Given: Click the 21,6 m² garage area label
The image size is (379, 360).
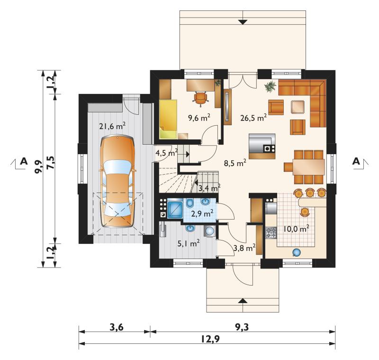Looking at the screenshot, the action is (112, 126).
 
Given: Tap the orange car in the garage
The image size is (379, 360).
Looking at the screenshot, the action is (117, 182).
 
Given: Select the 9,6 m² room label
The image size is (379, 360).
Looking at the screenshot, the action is (199, 118).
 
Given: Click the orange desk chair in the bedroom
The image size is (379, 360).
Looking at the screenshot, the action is (200, 99).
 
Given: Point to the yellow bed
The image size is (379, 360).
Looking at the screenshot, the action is (168, 119).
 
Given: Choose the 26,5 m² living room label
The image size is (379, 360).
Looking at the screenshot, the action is (253, 118).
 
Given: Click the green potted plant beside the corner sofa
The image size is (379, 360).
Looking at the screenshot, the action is (271, 87).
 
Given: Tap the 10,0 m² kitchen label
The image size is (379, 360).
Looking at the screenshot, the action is (297, 229).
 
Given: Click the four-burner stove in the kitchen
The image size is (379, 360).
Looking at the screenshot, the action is (271, 233).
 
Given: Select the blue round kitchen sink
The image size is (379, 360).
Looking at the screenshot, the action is (297, 252).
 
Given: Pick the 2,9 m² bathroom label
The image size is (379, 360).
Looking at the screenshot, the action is (202, 213).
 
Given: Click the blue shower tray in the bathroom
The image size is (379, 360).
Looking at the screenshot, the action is (175, 209).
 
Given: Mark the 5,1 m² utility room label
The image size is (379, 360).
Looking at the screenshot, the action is (189, 243).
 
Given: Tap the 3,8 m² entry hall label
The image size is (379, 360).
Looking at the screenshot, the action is (244, 248).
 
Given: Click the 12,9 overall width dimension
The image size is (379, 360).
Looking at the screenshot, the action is (210, 339).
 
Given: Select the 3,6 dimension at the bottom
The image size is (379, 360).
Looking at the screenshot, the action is (117, 328).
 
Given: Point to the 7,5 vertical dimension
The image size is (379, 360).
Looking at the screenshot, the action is (51, 163).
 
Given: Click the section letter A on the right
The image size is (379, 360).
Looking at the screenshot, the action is (356, 161).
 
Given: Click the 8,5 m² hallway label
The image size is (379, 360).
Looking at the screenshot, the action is (235, 163).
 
